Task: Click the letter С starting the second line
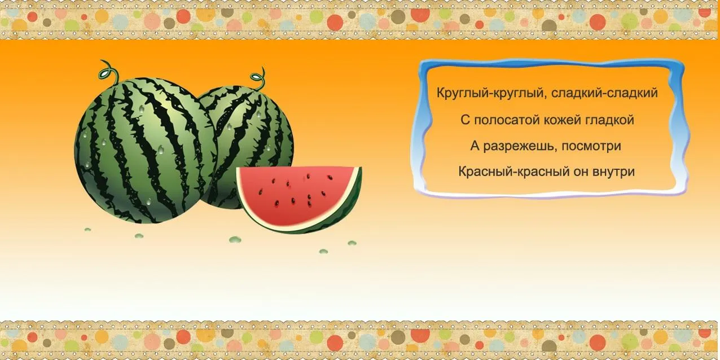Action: [x=464, y=120]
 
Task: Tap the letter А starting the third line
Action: [x=475, y=146]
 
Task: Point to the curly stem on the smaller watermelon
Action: [x=259, y=79]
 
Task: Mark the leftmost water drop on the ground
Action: [x=87, y=230]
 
